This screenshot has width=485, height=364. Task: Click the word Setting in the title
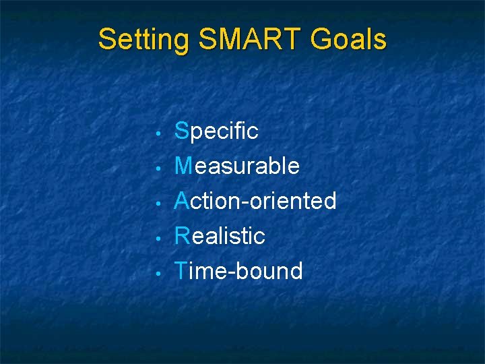[x=143, y=40]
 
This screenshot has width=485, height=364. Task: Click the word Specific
[x=216, y=131]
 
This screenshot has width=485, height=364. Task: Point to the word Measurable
[x=237, y=166]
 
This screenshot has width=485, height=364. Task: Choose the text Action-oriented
[x=255, y=201]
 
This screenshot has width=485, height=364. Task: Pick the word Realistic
[x=220, y=236]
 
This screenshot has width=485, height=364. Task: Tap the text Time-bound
[x=238, y=271]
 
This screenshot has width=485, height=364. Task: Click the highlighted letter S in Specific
[x=181, y=131]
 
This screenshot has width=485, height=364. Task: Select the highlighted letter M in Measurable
[x=183, y=166]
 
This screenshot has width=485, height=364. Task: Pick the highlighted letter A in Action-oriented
[x=182, y=201]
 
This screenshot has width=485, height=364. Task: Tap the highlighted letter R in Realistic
[x=182, y=236]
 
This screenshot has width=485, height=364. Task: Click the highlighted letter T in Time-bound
[x=181, y=271]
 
